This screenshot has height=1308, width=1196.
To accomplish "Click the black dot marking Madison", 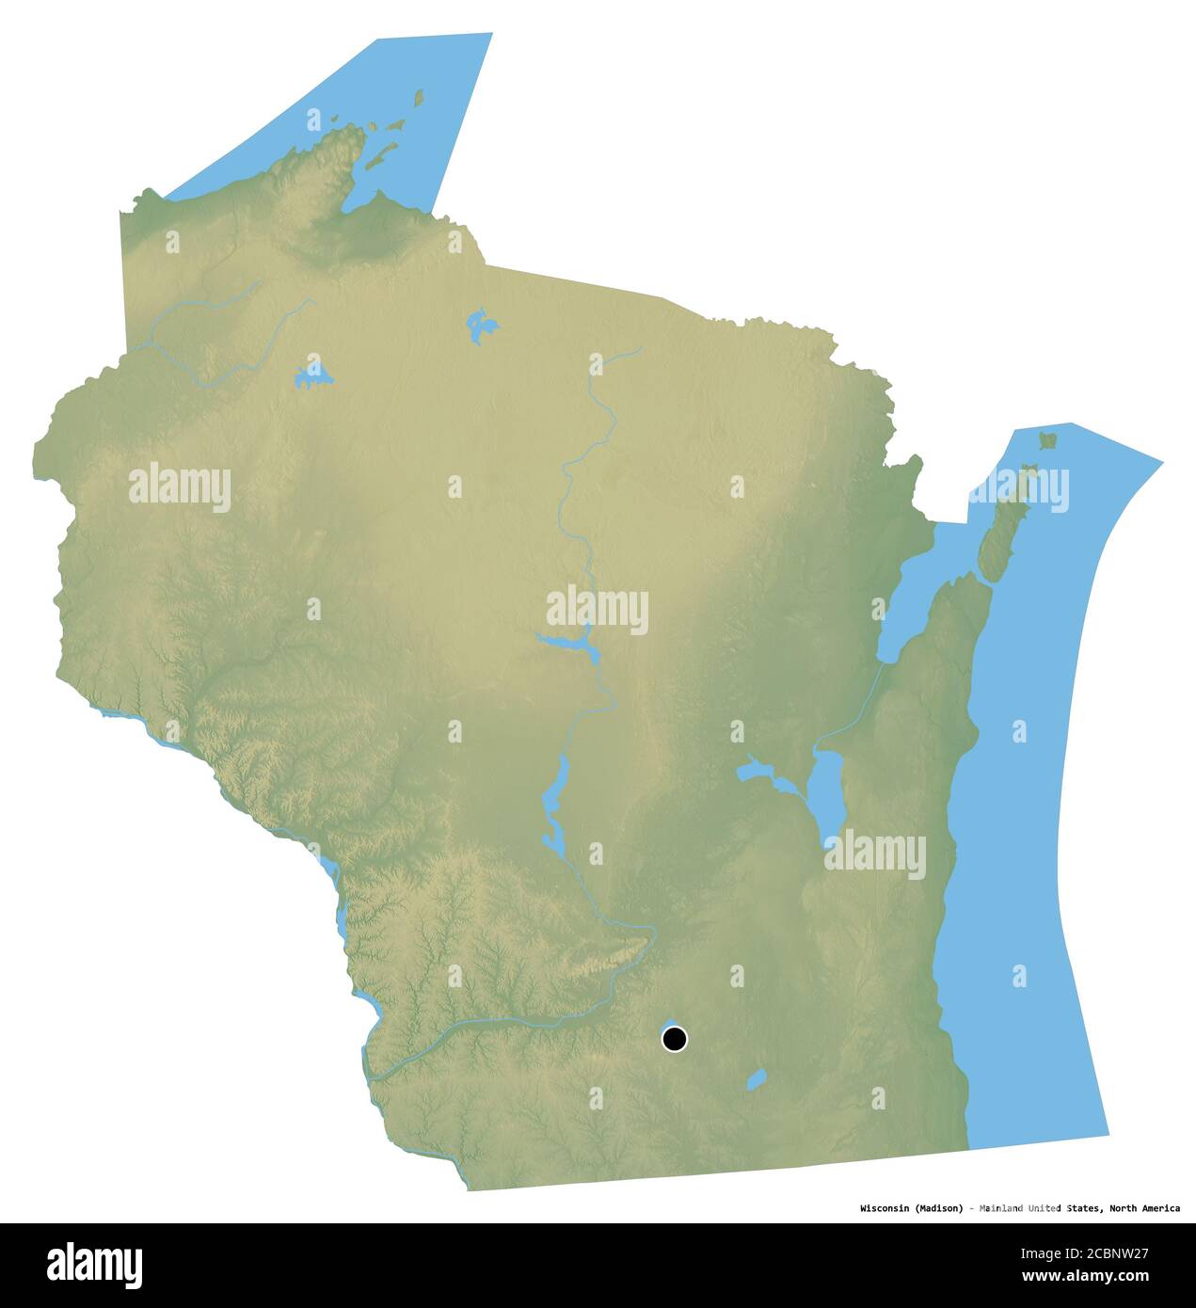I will pos(675,1039).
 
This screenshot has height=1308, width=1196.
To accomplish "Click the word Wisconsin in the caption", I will pos(884,1208).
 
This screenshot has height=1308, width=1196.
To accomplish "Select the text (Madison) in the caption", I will pos(937,1208).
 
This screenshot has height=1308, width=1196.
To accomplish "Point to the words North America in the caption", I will pos(1144,1208).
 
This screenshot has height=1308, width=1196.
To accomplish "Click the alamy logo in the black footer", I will pos(94,1265).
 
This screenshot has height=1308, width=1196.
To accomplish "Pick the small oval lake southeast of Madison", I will pos(756,1078).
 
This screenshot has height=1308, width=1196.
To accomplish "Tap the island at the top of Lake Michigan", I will pos(1046,439).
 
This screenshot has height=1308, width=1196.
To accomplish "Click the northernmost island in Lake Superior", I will pos(419,98).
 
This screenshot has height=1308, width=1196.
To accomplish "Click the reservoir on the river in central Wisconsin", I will pos(568,644).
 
